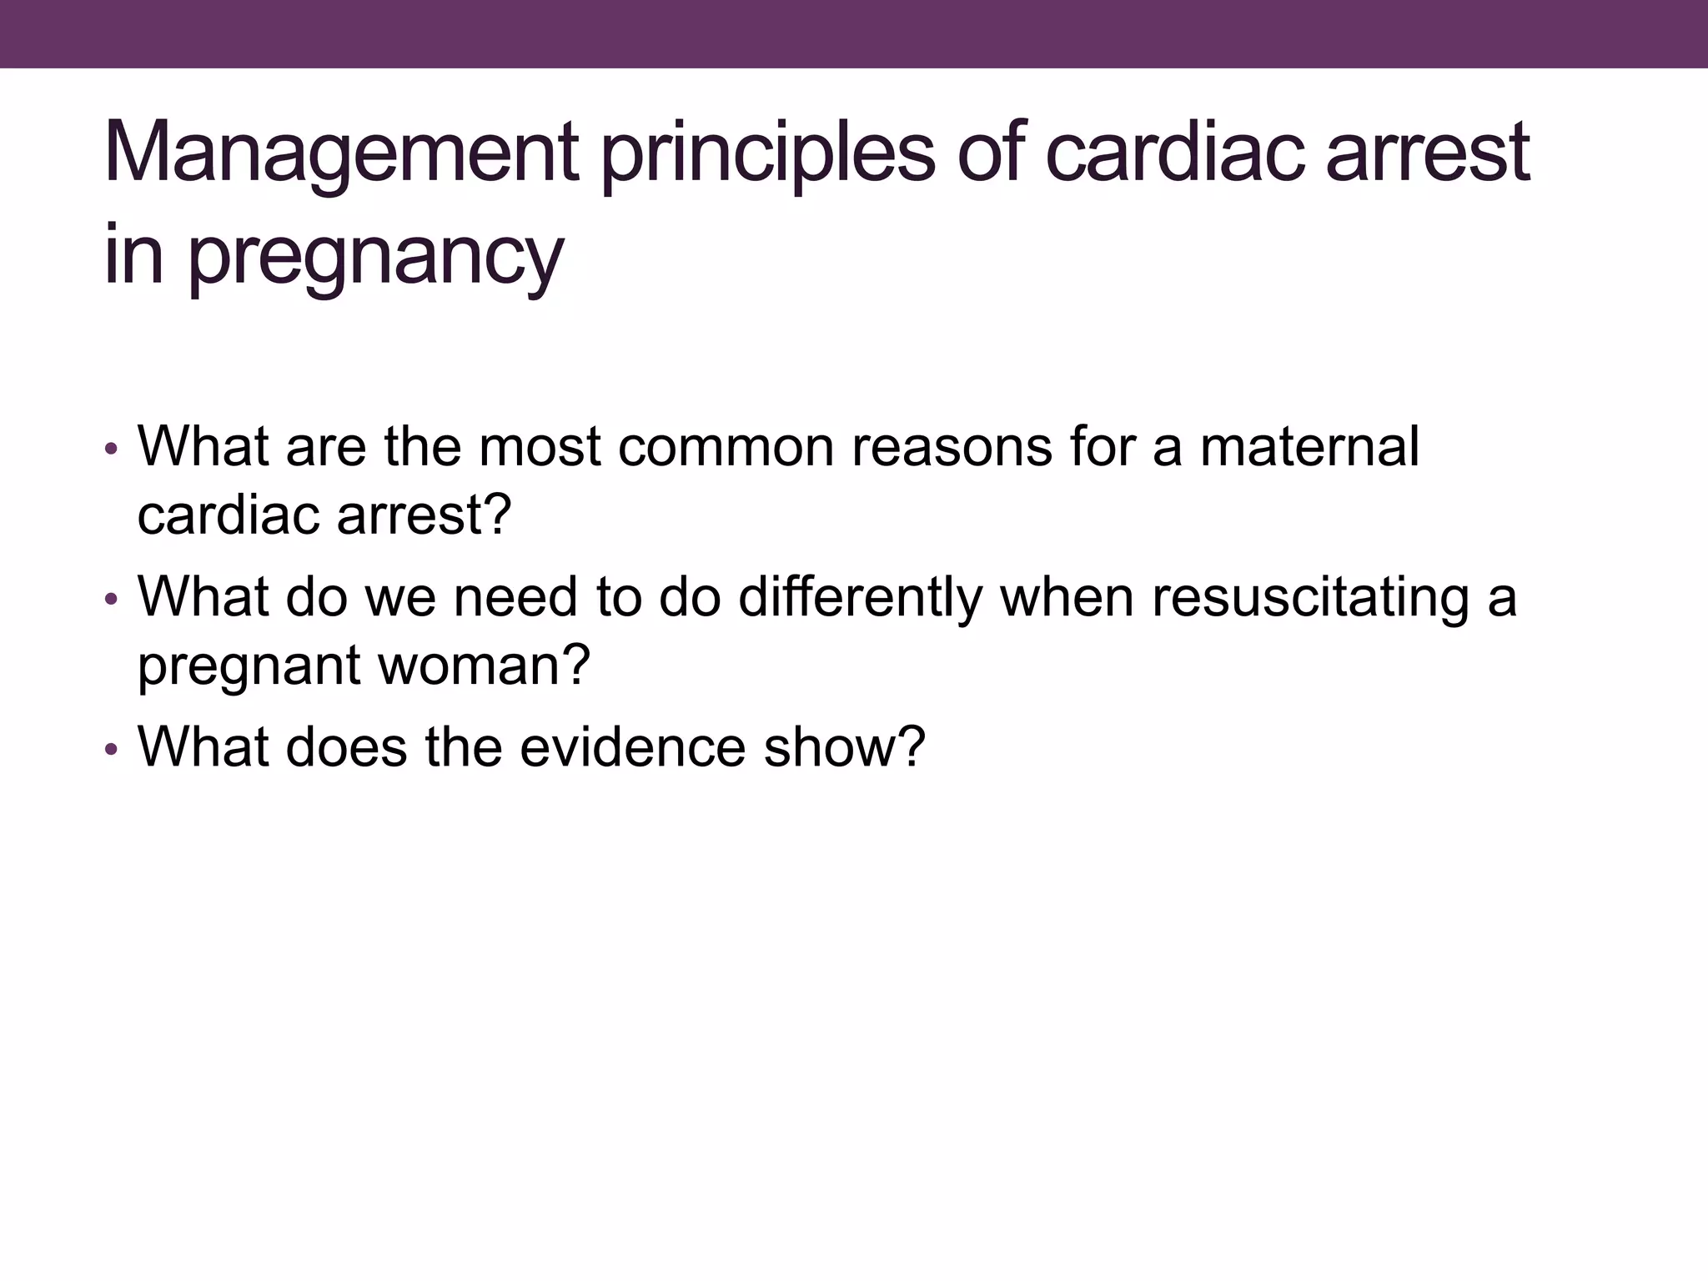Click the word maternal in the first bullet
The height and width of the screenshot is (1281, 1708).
click(x=1309, y=446)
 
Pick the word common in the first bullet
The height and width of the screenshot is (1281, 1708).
click(x=726, y=446)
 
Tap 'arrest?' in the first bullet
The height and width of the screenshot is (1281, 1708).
click(x=424, y=515)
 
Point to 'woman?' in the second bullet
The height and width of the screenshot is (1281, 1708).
click(x=485, y=665)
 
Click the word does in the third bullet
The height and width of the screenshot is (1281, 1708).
click(x=347, y=746)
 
